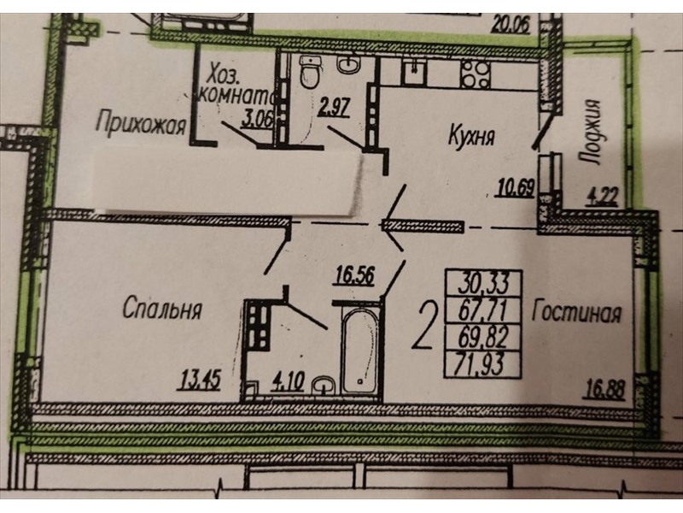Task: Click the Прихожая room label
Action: tap(141, 123)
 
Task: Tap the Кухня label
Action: tap(472, 135)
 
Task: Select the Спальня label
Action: tap(162, 309)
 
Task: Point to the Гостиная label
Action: tap(576, 311)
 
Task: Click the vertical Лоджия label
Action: tap(591, 132)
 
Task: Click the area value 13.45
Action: tap(200, 380)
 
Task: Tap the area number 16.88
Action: tap(604, 389)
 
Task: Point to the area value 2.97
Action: tap(334, 108)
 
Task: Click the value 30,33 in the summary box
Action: tap(483, 284)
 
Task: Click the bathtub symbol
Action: tap(359, 351)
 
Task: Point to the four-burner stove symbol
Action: tap(476, 73)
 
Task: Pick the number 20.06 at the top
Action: tap(510, 26)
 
